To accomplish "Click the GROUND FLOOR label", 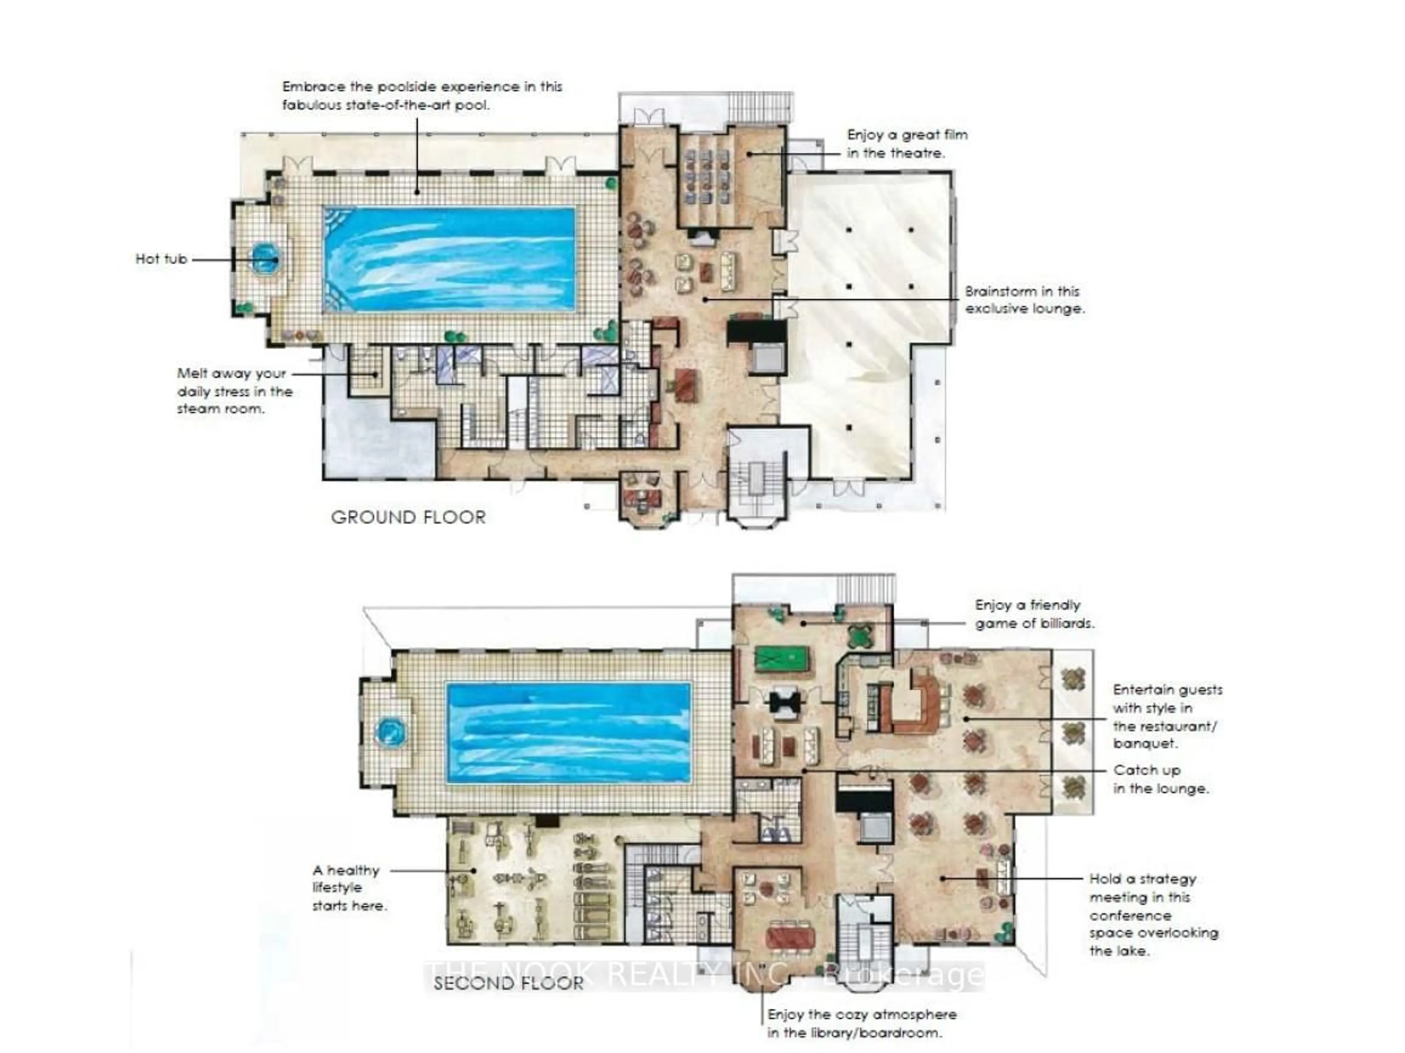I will click(408, 517).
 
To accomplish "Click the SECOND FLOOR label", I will click(508, 983).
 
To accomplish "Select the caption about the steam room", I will click(235, 391).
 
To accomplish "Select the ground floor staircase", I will click(757, 483).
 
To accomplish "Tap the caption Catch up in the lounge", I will click(1160, 779).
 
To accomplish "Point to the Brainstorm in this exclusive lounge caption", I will click(1024, 300).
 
